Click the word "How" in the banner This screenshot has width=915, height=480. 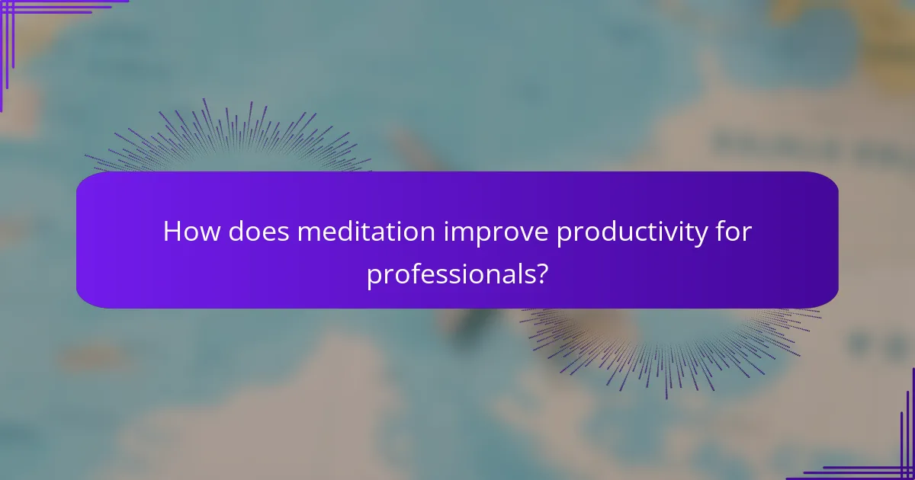[187, 232]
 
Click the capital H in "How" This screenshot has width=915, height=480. [172, 232]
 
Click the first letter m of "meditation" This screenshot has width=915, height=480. [307, 233]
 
